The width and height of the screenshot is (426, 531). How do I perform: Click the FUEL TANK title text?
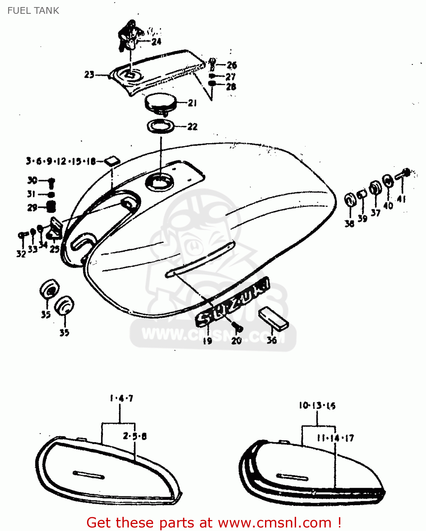[x=33, y=11]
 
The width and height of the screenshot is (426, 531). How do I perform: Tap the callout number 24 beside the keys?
[x=156, y=42]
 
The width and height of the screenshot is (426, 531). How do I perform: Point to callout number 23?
[x=89, y=75]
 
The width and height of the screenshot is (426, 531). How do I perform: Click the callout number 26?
[x=232, y=65]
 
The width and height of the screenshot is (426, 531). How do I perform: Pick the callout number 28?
[x=231, y=87]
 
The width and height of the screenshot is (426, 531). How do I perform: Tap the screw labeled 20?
[x=238, y=328]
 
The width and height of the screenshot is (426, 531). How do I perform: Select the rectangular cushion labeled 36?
[x=273, y=318]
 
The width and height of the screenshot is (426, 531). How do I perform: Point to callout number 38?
[x=349, y=224]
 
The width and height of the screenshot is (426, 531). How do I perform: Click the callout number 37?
[x=375, y=213]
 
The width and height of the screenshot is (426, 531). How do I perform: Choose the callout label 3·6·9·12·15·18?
[x=61, y=161]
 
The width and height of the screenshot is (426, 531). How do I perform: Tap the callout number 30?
[x=32, y=181]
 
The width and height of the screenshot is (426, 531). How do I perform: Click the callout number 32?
[x=21, y=253]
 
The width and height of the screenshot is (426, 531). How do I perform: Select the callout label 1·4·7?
[x=121, y=399]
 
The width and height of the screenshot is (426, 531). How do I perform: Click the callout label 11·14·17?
[x=335, y=438]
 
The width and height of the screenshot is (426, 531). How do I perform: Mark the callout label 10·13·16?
[x=317, y=406]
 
